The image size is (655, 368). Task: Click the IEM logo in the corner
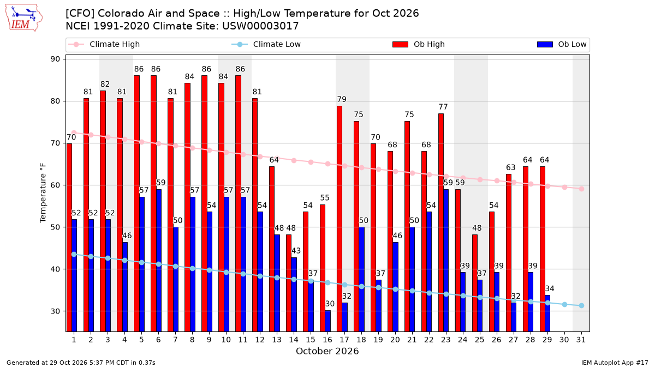(24, 18)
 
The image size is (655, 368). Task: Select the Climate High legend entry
(104, 44)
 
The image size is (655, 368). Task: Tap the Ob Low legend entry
(562, 44)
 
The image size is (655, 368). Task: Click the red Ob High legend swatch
(400, 44)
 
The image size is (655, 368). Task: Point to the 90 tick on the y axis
(55, 59)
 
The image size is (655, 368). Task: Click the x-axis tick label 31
(581, 340)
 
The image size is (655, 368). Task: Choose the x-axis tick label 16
(327, 340)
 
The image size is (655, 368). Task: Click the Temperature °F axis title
(43, 193)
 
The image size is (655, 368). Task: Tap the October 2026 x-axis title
(327, 351)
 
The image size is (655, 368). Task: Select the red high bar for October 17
(339, 219)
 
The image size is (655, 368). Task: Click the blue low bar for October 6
(159, 261)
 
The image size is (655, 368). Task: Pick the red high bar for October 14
(289, 283)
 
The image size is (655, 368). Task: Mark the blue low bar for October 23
(446, 261)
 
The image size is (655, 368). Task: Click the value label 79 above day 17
(342, 99)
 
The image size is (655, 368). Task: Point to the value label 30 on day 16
(330, 304)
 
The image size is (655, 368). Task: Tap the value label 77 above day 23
(443, 107)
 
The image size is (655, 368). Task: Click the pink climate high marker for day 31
(581, 189)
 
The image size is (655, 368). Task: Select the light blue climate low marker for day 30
(564, 305)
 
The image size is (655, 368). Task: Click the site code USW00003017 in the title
(260, 26)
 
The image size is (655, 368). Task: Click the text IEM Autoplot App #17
(615, 363)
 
